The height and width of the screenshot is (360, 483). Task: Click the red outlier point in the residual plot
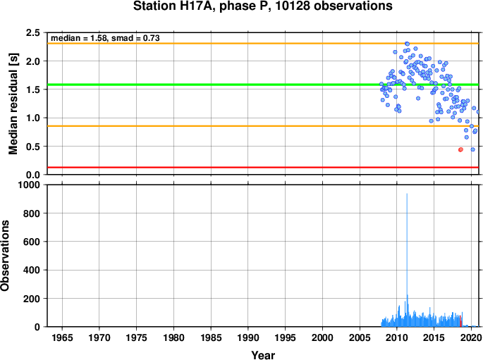point(460,149)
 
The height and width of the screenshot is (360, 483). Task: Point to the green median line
point(263,85)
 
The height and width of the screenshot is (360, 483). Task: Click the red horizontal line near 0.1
point(263,168)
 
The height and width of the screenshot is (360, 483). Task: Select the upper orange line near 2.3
point(263,44)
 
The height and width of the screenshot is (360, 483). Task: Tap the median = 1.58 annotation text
point(78,38)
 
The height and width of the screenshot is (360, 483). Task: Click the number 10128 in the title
point(291,6)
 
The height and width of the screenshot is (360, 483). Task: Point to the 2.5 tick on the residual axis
point(34,32)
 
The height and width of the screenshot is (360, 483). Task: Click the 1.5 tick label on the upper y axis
point(34,89)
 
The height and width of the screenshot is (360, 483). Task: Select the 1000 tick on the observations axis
point(29,185)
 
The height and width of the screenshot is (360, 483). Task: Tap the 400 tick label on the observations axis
point(32,270)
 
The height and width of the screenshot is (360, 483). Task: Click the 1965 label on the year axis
point(62,338)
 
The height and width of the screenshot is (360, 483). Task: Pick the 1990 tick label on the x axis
point(248,338)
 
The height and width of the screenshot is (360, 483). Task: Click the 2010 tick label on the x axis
point(397,338)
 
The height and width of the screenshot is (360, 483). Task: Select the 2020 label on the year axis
point(471,338)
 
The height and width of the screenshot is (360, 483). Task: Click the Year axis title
point(263,355)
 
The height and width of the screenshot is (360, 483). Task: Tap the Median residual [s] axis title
point(13,104)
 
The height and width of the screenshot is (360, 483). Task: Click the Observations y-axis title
point(5,256)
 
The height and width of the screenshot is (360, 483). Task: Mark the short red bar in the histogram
point(460,321)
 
